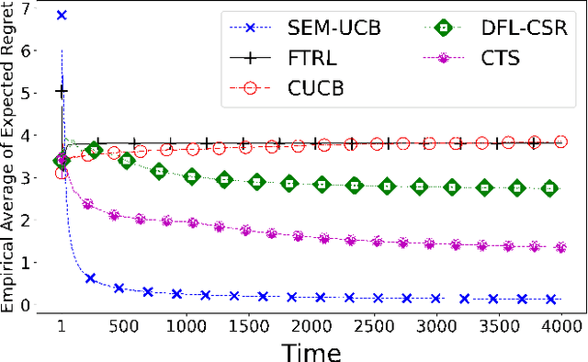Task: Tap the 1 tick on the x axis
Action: (x=62, y=325)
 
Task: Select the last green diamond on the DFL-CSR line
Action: (x=549, y=187)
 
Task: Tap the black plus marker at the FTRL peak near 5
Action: (x=62, y=92)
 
